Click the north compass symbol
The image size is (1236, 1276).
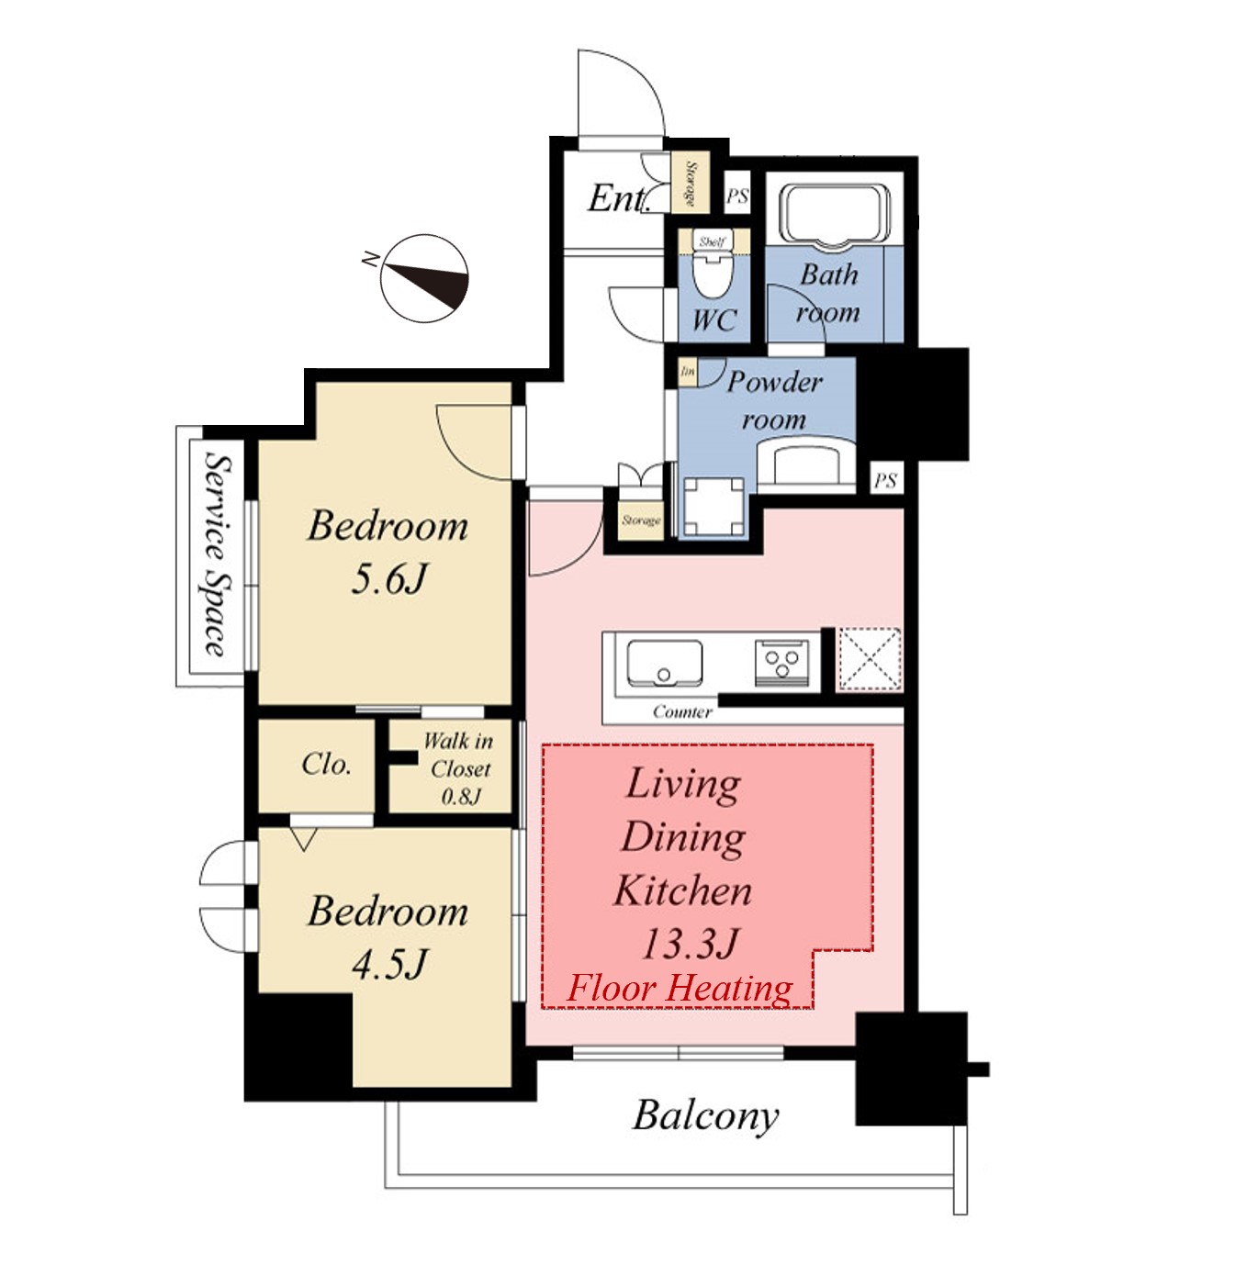point(424,278)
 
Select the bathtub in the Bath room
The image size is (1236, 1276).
point(835,215)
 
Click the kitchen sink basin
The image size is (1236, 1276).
point(664,662)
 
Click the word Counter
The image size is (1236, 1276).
point(682,711)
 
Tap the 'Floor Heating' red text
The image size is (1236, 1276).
point(680,988)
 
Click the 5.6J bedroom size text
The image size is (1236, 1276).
point(389,579)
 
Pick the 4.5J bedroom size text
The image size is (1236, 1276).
point(389,965)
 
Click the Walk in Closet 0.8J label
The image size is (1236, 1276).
point(458,768)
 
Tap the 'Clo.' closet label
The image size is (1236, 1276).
point(326,764)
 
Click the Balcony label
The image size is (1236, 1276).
point(706,1116)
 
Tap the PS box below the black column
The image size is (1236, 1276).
point(885,481)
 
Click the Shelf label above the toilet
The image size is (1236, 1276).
point(713,241)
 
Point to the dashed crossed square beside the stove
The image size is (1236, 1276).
point(870,660)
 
